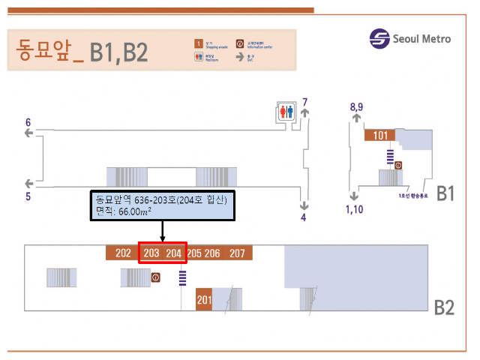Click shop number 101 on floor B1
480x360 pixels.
tap(380, 136)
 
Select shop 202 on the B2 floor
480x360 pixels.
tap(123, 253)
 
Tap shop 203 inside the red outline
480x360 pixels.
tap(151, 253)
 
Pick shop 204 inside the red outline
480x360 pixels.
tap(174, 253)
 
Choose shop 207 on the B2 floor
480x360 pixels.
tap(237, 253)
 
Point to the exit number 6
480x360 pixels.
tap(28, 122)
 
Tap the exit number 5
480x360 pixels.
tap(28, 196)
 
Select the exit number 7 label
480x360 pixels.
tap(304, 102)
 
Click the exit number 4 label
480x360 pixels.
tap(304, 218)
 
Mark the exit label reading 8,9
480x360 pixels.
tap(356, 107)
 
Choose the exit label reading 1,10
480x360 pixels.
tap(354, 209)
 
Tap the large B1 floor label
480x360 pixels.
tap(445, 193)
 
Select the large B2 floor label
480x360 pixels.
tap(445, 307)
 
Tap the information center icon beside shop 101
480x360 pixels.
tap(398, 165)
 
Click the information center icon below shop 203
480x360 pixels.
tap(156, 277)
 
